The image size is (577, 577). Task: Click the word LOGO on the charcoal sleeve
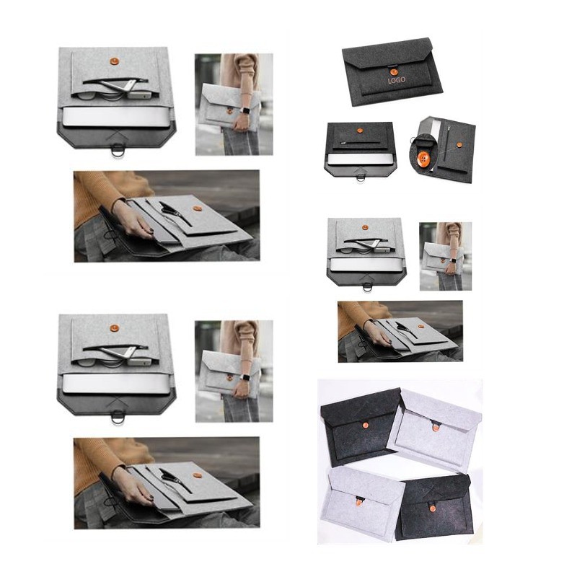point(396,79)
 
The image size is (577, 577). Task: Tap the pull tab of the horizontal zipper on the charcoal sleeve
point(343,141)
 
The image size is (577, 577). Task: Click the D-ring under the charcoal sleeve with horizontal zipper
point(360,178)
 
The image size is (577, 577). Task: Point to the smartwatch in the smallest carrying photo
point(454,260)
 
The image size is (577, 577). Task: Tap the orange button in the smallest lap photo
point(421,326)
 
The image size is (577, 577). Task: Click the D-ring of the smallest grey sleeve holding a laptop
point(367,286)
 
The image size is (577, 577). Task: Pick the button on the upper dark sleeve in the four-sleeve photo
point(366,426)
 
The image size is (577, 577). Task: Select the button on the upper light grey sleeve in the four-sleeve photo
point(436,427)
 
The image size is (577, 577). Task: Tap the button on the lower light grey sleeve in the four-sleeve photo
point(359,502)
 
